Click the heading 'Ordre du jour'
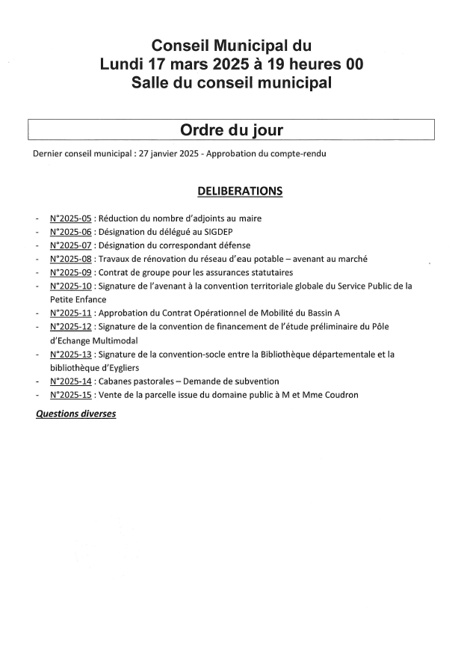pos(231,130)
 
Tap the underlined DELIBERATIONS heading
pos(240,191)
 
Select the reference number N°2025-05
pos(70,218)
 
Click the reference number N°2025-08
pos(70,259)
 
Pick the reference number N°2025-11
pos(70,313)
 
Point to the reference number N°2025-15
pos(70,394)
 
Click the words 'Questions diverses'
pos(76,413)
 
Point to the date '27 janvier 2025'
pos(169,154)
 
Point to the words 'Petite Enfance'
pos(78,299)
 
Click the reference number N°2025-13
pos(70,354)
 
